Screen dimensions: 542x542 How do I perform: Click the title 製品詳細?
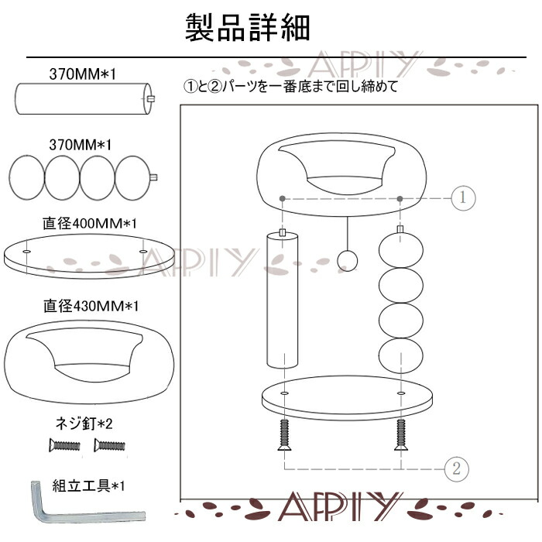coord(248,28)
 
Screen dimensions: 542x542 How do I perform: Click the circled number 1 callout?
coord(463,197)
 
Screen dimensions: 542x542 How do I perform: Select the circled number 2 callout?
coord(456,468)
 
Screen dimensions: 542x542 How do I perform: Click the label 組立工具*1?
coord(88,486)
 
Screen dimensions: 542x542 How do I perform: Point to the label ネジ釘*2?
coord(84,423)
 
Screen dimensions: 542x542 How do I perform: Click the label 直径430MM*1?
coord(91,306)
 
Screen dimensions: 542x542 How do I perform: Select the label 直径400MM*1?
coord(90,224)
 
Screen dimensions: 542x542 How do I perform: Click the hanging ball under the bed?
coord(347,260)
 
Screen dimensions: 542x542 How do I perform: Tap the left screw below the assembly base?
coord(284,435)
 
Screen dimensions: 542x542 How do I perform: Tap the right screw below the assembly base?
coord(401,435)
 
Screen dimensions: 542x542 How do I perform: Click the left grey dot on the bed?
coord(283,198)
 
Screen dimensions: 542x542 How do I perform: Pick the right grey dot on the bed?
coord(400,198)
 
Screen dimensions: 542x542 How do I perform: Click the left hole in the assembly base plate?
coord(284,393)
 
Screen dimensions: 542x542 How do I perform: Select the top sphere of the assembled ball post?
coord(401,250)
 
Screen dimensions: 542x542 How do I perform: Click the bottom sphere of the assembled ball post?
coord(401,355)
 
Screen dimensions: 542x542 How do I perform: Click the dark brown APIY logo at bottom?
coord(339,506)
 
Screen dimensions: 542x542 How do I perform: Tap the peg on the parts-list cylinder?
coord(151,99)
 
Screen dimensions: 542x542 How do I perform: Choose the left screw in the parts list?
coord(64,445)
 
